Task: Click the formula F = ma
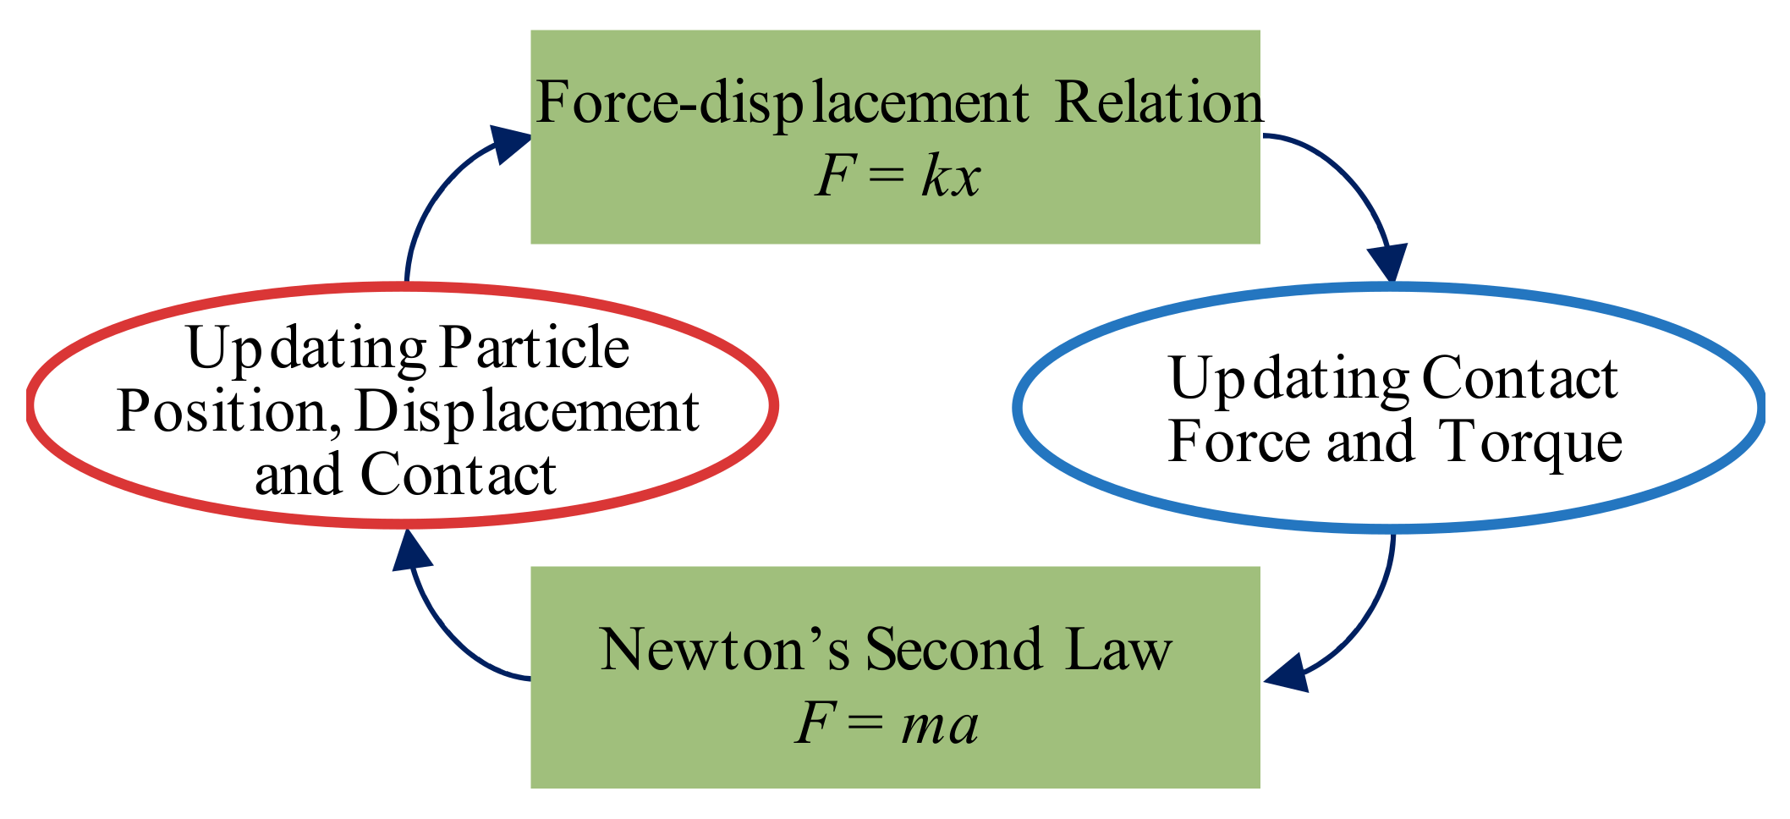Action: point(887,726)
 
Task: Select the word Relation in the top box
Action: point(1159,103)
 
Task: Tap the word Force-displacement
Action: point(782,105)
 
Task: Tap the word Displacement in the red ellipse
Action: point(526,414)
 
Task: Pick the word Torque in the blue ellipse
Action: point(1532,442)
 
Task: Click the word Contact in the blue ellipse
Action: point(1521,378)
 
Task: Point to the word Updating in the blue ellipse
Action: point(1288,380)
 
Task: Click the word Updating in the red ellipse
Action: point(306,349)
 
